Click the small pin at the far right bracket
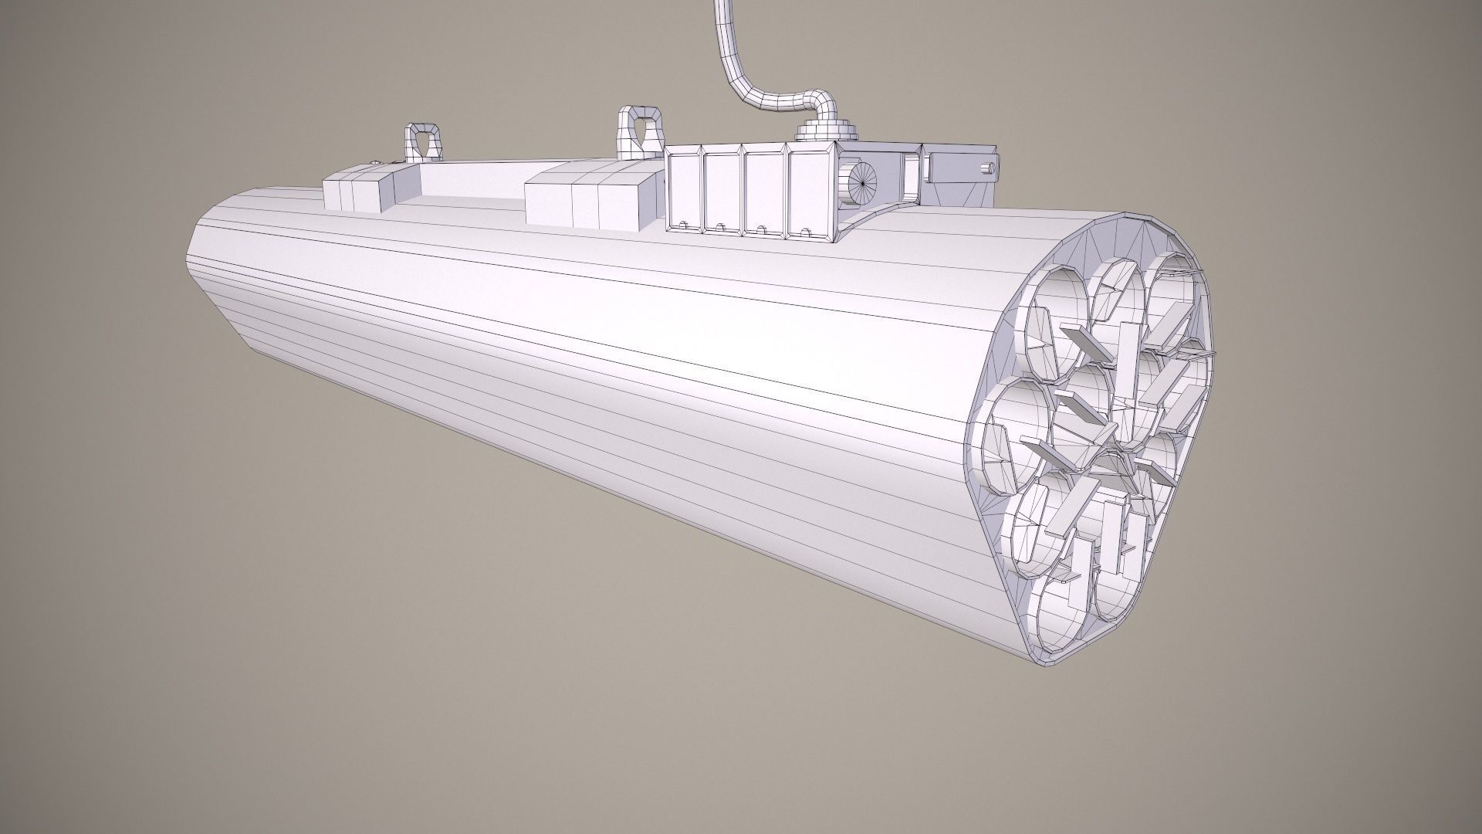(986, 166)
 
